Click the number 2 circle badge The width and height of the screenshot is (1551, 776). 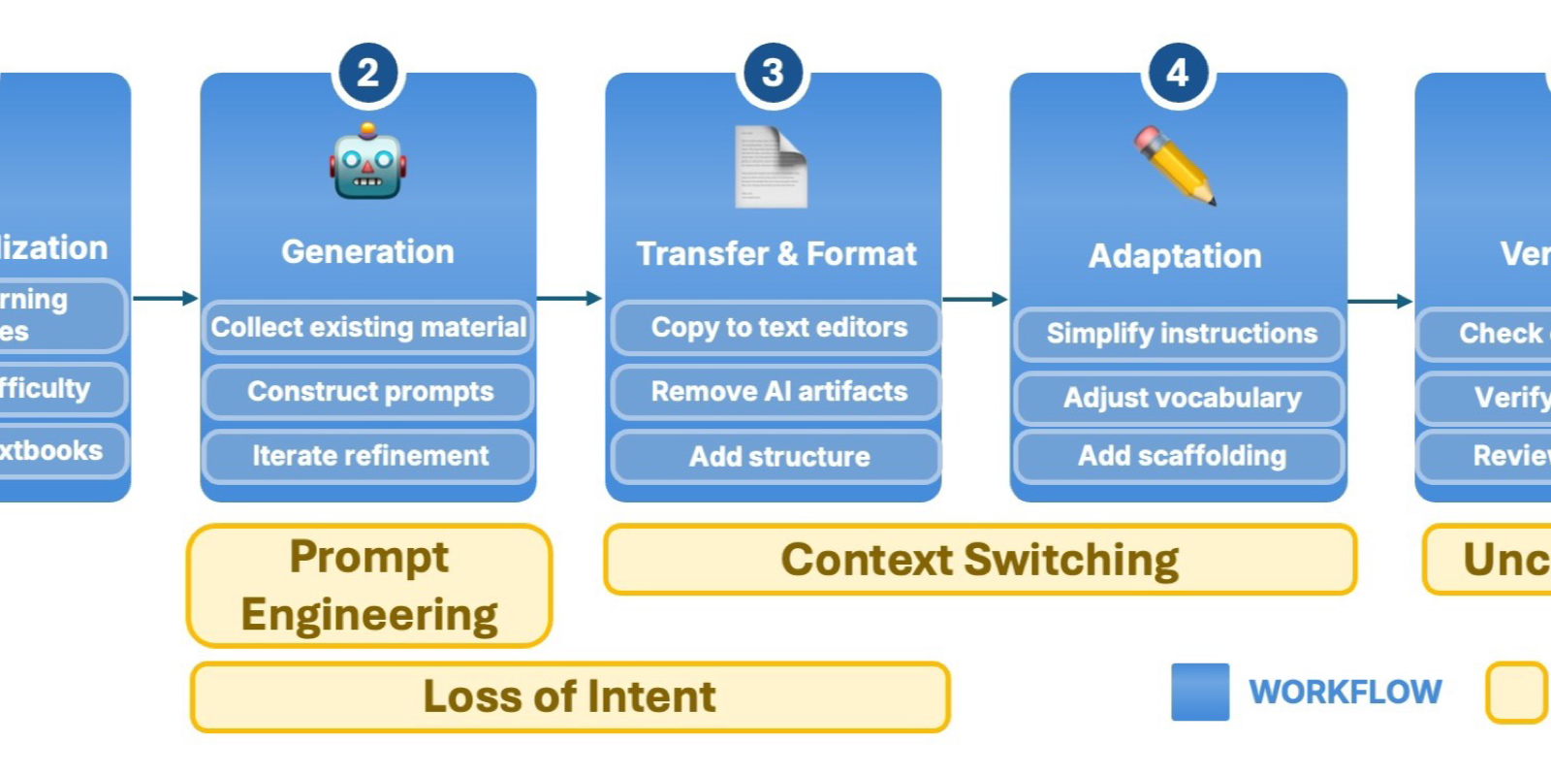click(367, 74)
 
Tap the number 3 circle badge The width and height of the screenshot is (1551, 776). click(773, 73)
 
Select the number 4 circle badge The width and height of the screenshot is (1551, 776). click(1177, 73)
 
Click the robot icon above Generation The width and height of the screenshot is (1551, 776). click(367, 162)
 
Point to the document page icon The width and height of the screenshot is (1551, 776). click(771, 167)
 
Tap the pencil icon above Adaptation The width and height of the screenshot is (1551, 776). click(1175, 166)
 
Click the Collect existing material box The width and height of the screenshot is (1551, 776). click(368, 327)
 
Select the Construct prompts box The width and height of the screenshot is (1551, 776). click(368, 392)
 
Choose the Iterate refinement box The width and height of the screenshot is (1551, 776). click(368, 456)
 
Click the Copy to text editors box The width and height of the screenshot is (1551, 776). click(775, 328)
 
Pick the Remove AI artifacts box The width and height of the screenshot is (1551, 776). click(775, 392)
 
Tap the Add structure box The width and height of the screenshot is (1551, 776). click(775, 457)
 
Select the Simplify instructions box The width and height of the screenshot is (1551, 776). click(1179, 334)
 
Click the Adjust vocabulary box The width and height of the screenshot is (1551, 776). click(1179, 398)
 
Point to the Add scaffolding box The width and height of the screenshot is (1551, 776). click(1179, 456)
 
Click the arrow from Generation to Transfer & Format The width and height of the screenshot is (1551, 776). click(570, 298)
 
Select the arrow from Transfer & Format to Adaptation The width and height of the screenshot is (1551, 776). click(975, 300)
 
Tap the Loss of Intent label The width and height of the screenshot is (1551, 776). click(570, 696)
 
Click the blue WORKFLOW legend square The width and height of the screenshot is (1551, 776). click(1199, 692)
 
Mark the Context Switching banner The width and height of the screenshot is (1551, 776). click(979, 560)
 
